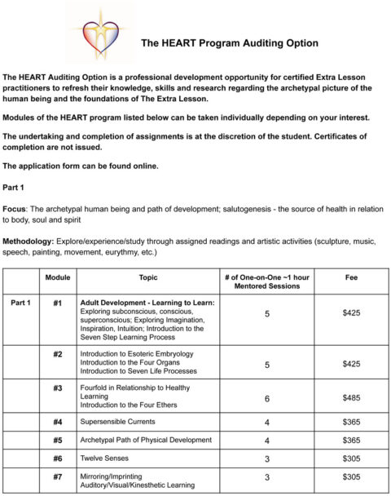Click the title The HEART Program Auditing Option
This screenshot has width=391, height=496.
point(230,42)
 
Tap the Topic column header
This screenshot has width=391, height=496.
point(148,277)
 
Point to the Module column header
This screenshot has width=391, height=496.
point(57,277)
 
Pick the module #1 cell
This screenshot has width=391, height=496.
point(57,303)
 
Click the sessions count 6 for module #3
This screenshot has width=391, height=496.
point(267,399)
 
